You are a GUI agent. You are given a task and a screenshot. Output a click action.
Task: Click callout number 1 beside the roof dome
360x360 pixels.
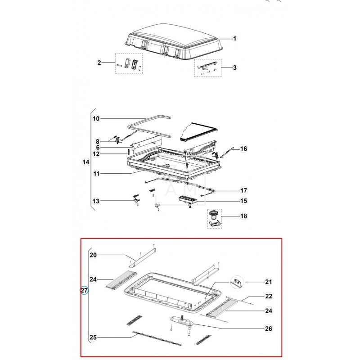tap(234, 38)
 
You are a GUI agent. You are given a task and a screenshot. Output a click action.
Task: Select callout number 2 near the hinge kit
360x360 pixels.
tap(99, 63)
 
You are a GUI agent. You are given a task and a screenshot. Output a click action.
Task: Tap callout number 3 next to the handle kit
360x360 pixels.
tap(234, 68)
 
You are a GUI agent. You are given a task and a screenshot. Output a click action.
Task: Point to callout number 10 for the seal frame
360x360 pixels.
tap(96, 119)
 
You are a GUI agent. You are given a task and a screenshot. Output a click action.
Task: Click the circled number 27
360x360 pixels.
tap(84, 290)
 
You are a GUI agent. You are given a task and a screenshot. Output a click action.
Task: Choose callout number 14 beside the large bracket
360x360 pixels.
tap(86, 162)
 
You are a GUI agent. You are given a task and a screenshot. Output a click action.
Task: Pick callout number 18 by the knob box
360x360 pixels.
tap(243, 216)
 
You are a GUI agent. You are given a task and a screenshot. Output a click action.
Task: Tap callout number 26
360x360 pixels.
tap(269, 328)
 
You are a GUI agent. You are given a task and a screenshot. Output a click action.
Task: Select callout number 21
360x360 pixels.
tap(269, 282)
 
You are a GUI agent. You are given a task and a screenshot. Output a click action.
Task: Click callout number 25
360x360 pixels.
tap(93, 337)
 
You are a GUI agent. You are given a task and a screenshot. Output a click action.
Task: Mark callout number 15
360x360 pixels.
tap(243, 201)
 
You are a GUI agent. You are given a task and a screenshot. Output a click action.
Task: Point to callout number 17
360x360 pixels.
tap(243, 190)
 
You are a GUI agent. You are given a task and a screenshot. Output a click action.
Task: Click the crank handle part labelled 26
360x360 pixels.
tap(182, 320)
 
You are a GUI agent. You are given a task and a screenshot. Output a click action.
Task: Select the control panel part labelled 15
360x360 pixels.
tap(188, 199)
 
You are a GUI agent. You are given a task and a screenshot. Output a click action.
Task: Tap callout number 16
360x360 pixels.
tap(243, 149)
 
